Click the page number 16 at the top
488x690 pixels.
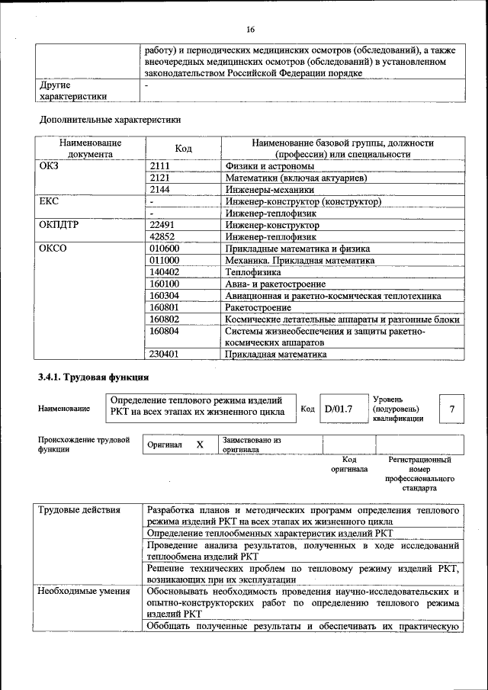249,30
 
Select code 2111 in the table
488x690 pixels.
160,165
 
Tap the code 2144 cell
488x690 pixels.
160,190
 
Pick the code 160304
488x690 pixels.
165,295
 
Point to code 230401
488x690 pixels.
165,354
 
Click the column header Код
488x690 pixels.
183,148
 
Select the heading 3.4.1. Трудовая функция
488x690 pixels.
93,377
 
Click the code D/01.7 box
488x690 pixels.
338,409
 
